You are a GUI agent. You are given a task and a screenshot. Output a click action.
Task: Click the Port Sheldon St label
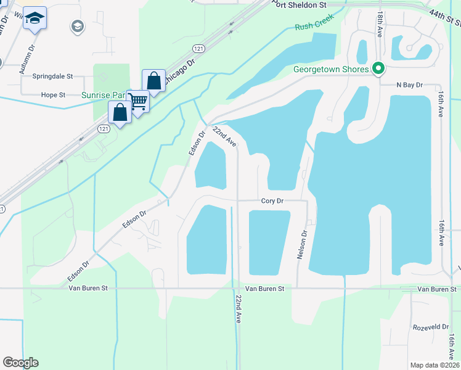pyautogui.click(x=301, y=4)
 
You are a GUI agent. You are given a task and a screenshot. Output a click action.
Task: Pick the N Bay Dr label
pyautogui.click(x=409, y=84)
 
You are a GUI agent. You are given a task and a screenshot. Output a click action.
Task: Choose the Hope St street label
pyautogui.click(x=53, y=95)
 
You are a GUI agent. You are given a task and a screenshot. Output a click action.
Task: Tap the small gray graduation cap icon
pyautogui.click(x=77, y=26)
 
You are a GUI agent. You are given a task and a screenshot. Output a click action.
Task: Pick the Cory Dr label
pyautogui.click(x=272, y=201)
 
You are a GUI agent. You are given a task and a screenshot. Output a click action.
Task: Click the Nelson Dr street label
pyautogui.click(x=302, y=245)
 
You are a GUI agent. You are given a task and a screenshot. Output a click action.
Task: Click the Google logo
pyautogui.click(x=20, y=363)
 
